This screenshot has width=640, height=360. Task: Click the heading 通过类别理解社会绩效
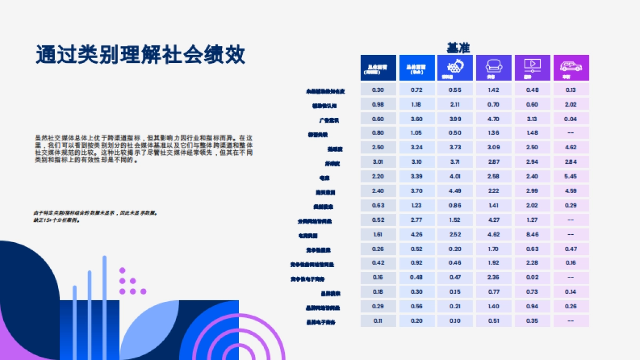[141, 54]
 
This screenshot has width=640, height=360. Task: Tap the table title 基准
[458, 47]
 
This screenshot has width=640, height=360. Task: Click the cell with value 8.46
[532, 234]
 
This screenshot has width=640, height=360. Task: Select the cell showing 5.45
[571, 177]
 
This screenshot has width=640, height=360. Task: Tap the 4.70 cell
[493, 119]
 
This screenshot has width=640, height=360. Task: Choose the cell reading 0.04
[571, 119]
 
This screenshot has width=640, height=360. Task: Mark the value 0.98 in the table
[378, 105]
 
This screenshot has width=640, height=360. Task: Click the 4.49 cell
[455, 191]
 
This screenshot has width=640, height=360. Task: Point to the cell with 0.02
[532, 277]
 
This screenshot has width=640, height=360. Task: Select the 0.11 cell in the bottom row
[378, 321]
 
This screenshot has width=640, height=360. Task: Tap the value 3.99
[455, 119]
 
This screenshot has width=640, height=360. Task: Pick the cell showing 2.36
[493, 277]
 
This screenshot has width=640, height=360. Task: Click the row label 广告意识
[329, 120]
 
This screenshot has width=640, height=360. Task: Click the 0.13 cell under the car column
[571, 90]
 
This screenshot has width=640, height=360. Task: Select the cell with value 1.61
[378, 234]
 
